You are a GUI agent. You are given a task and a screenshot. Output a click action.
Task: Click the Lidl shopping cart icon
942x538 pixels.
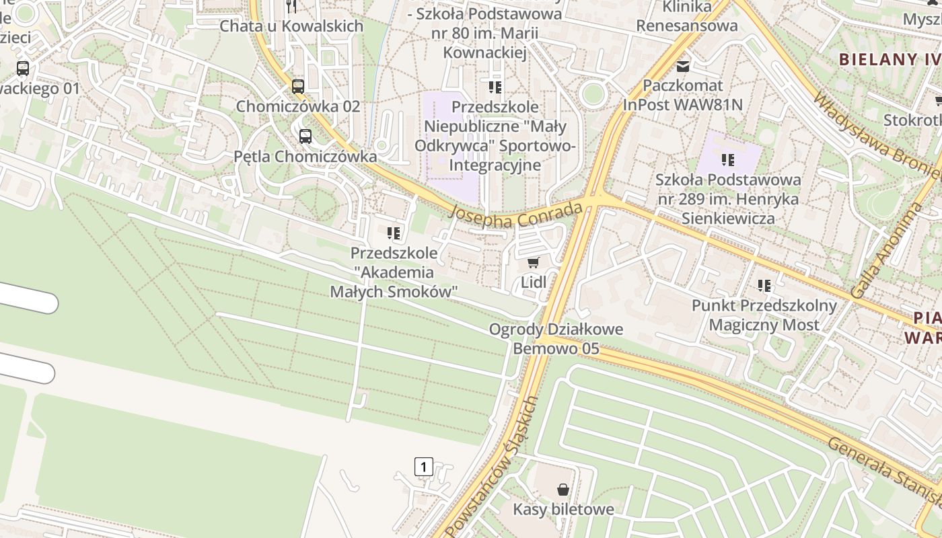pyautogui.click(x=534, y=262)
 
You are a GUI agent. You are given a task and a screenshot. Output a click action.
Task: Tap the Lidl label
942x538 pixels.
pyautogui.click(x=534, y=282)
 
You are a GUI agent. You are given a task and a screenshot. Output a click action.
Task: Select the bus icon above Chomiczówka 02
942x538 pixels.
pyautogui.click(x=298, y=86)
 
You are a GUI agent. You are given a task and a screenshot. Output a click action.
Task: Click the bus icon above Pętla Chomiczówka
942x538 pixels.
pyautogui.click(x=305, y=137)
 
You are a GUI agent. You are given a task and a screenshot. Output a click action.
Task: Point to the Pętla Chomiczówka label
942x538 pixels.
pyautogui.click(x=305, y=156)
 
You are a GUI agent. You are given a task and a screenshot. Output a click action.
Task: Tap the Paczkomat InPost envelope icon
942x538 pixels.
pyautogui.click(x=683, y=66)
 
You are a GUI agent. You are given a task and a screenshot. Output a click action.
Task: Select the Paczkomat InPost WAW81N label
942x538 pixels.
pyautogui.click(x=683, y=95)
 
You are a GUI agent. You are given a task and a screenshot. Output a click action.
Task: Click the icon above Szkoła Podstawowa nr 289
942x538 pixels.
pyautogui.click(x=728, y=160)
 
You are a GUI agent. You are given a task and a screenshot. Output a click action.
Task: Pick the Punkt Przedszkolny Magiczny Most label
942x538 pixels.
pyautogui.click(x=764, y=315)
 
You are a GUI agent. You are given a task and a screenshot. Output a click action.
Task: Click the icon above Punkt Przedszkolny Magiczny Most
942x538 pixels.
pyautogui.click(x=764, y=286)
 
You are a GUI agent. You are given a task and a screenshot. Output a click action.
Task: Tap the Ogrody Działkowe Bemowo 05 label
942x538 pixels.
pyautogui.click(x=556, y=339)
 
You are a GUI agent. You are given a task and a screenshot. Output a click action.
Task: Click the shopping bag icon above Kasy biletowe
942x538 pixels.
pyautogui.click(x=563, y=490)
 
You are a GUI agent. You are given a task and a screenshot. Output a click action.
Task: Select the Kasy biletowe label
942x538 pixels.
pyautogui.click(x=563, y=509)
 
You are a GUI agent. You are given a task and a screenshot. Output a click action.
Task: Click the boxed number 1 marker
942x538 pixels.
pyautogui.click(x=423, y=466)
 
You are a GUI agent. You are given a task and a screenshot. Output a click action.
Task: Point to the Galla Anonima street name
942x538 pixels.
pyautogui.click(x=885, y=251)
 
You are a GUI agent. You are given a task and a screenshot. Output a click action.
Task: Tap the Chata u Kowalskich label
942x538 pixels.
pyautogui.click(x=291, y=26)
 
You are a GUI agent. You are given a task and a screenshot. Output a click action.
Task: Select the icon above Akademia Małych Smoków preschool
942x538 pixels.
pyautogui.click(x=394, y=233)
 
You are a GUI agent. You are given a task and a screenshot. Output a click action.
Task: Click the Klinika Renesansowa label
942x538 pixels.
pyautogui.click(x=687, y=16)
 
